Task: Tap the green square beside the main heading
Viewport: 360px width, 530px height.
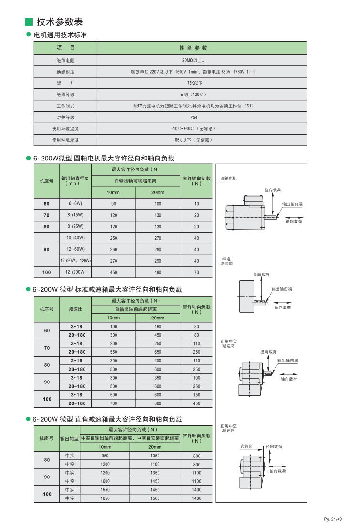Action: (x=29, y=22)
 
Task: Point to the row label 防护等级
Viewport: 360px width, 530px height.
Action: (x=65, y=117)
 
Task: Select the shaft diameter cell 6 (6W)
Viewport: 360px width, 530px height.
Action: (x=75, y=204)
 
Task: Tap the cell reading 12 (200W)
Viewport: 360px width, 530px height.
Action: (x=75, y=272)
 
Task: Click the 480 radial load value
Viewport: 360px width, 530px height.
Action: (x=158, y=273)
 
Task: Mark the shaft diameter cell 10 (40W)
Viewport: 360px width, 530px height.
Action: (x=75, y=238)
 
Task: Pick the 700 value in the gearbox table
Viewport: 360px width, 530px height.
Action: (x=114, y=403)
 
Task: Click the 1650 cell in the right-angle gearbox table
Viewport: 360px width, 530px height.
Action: (x=105, y=498)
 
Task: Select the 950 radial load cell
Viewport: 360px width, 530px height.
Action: (x=105, y=456)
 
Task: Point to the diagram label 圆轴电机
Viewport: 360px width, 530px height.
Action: (x=228, y=178)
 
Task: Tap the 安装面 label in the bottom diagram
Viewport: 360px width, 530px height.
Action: (x=246, y=447)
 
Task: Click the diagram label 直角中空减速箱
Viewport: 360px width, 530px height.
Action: (x=228, y=428)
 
